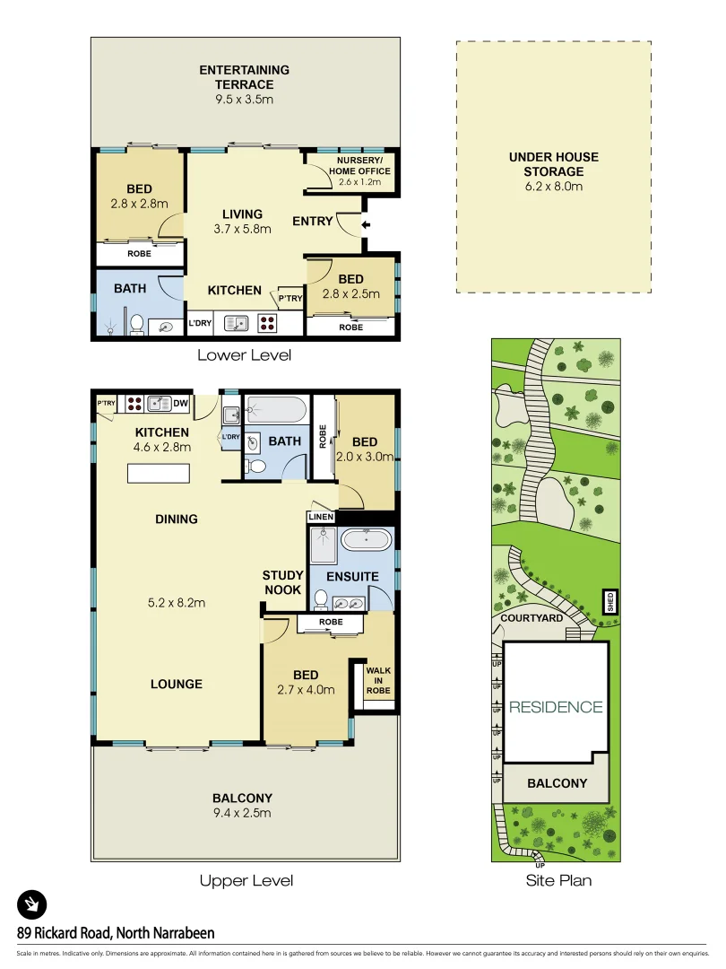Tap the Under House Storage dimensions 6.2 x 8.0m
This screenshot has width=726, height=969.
553,187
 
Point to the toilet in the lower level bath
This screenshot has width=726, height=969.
137,324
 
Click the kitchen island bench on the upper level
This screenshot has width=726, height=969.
160,473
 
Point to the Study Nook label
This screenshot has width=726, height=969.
282,582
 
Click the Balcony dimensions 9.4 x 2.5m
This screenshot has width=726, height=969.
242,813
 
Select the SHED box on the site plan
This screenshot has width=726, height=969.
609,600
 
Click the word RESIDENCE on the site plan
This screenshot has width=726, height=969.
556,707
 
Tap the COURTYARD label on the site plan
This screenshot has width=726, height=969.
532,618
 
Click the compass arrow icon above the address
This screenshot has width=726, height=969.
32,904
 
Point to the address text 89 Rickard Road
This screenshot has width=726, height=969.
116,932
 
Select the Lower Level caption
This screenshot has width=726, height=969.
245,354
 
